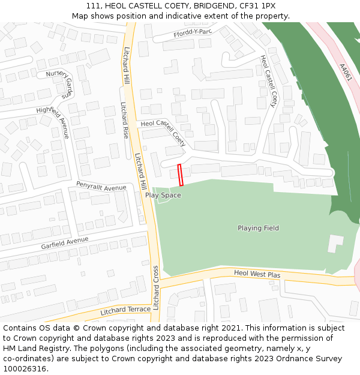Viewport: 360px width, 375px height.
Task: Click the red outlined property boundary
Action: (181, 175)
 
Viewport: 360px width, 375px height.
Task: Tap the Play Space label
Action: (163, 195)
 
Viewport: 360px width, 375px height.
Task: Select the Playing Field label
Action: (258, 228)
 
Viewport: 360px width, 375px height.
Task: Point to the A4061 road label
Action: (344, 73)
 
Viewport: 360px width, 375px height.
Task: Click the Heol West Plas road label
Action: (257, 274)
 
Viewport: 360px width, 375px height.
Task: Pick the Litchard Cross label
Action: (155, 287)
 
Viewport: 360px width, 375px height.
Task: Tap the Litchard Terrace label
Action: (125, 310)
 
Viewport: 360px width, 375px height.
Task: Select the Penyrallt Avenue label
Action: (101, 187)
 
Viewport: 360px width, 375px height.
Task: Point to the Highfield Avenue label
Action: (53, 122)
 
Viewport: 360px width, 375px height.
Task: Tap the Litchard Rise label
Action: (125, 120)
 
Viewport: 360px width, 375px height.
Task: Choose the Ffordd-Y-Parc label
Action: (193, 32)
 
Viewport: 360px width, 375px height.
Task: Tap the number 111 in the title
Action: (93, 5)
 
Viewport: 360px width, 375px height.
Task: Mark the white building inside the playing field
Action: (334, 243)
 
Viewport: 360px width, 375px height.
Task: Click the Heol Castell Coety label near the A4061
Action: (268, 81)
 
